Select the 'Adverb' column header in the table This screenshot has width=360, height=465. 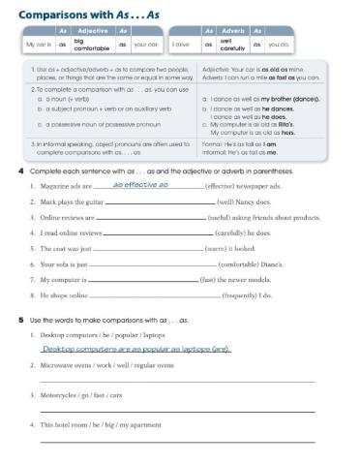tap(232, 32)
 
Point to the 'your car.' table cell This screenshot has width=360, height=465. tap(145, 45)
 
